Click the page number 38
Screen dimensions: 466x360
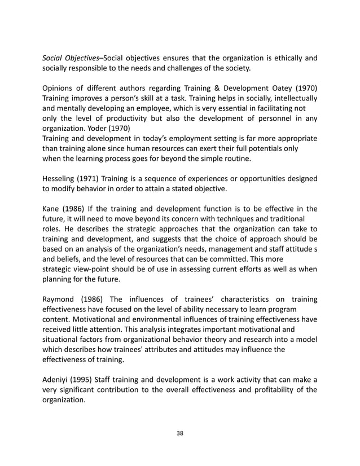(180, 433)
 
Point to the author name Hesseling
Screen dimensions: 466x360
(63, 180)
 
